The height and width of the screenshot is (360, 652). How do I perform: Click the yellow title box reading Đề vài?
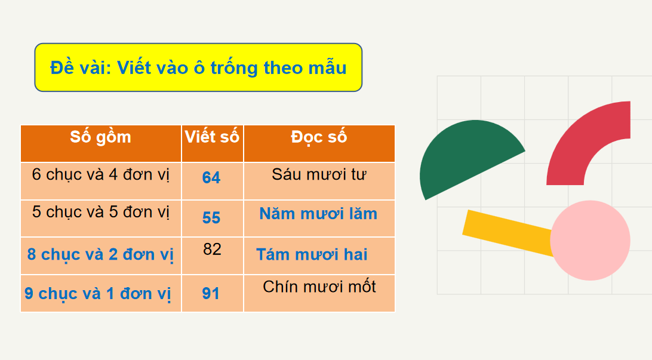pos(198,67)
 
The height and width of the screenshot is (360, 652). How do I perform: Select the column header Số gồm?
pos(101,137)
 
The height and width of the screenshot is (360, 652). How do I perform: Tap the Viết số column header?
pos(212,137)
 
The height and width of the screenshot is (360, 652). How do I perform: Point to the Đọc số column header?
pos(319,137)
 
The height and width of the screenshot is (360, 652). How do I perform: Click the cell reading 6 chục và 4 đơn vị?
pos(101,174)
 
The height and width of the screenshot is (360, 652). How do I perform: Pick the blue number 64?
pos(211,177)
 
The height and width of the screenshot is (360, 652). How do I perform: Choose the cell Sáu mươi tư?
pos(319,174)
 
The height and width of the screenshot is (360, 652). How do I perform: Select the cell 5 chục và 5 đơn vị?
pos(101,212)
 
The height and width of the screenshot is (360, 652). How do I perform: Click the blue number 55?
pos(211,217)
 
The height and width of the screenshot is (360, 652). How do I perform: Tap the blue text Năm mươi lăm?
pos(318,214)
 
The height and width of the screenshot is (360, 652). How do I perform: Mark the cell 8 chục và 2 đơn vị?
pos(100,254)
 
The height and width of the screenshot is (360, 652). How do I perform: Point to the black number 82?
pos(212,249)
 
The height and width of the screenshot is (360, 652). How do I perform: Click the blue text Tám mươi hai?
pos(312,254)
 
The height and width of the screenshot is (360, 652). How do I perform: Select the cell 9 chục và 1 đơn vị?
pos(98,294)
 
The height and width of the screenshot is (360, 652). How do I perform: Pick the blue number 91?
pos(211,294)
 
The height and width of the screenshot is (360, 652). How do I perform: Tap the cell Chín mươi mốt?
pos(319,287)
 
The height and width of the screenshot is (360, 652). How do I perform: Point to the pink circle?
pos(590,240)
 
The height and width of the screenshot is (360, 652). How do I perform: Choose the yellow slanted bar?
pos(508,232)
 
